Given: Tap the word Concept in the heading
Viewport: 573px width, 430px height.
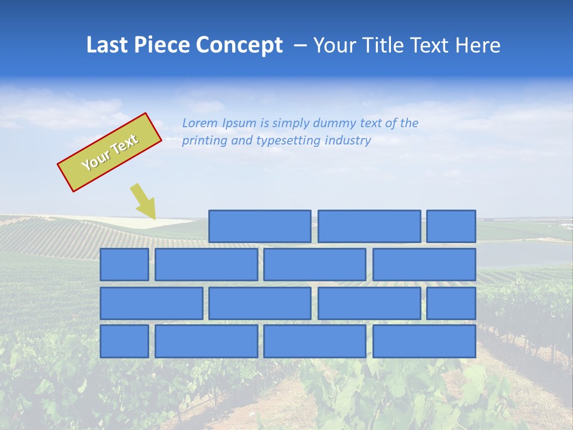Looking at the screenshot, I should point(240,45).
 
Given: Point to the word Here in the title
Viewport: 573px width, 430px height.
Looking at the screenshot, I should point(478,45).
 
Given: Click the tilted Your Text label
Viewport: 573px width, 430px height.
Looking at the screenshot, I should point(110,152).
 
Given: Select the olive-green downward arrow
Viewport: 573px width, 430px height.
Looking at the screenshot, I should point(144,201).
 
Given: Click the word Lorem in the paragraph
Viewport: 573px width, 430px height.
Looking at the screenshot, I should point(199,124).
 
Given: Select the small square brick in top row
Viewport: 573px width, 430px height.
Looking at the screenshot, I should point(451,226).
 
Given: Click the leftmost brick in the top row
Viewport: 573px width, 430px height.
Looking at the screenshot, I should point(260,226).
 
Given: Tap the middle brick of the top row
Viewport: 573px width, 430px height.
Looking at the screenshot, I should point(369,226).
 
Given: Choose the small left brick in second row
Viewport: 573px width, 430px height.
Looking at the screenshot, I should point(124,265).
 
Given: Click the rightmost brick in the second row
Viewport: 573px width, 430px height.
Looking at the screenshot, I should point(424,265).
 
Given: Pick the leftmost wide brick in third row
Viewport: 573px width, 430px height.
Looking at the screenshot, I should point(151,303).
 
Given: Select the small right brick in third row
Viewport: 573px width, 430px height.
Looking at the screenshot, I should point(451,303).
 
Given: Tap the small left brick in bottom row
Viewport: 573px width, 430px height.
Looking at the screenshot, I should point(124,341).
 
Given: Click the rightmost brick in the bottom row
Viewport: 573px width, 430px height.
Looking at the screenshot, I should point(424,341).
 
